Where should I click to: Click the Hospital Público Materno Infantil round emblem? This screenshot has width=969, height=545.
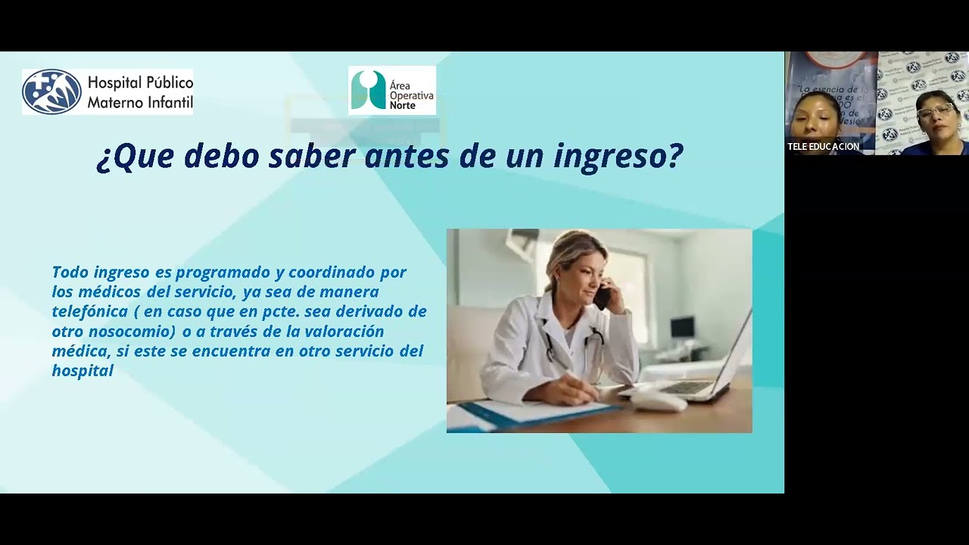pos(51,92)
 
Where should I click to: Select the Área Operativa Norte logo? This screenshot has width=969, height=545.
pos(391,91)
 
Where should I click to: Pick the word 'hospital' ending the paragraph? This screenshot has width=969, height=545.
pos(83,371)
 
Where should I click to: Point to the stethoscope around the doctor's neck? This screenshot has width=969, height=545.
pos(575,344)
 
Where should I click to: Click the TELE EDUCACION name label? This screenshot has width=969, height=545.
pos(823,147)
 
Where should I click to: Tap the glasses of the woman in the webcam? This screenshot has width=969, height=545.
pos(936,111)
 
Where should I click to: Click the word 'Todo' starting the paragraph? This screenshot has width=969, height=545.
pos(70,272)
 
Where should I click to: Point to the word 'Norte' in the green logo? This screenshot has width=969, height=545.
pos(403,106)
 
